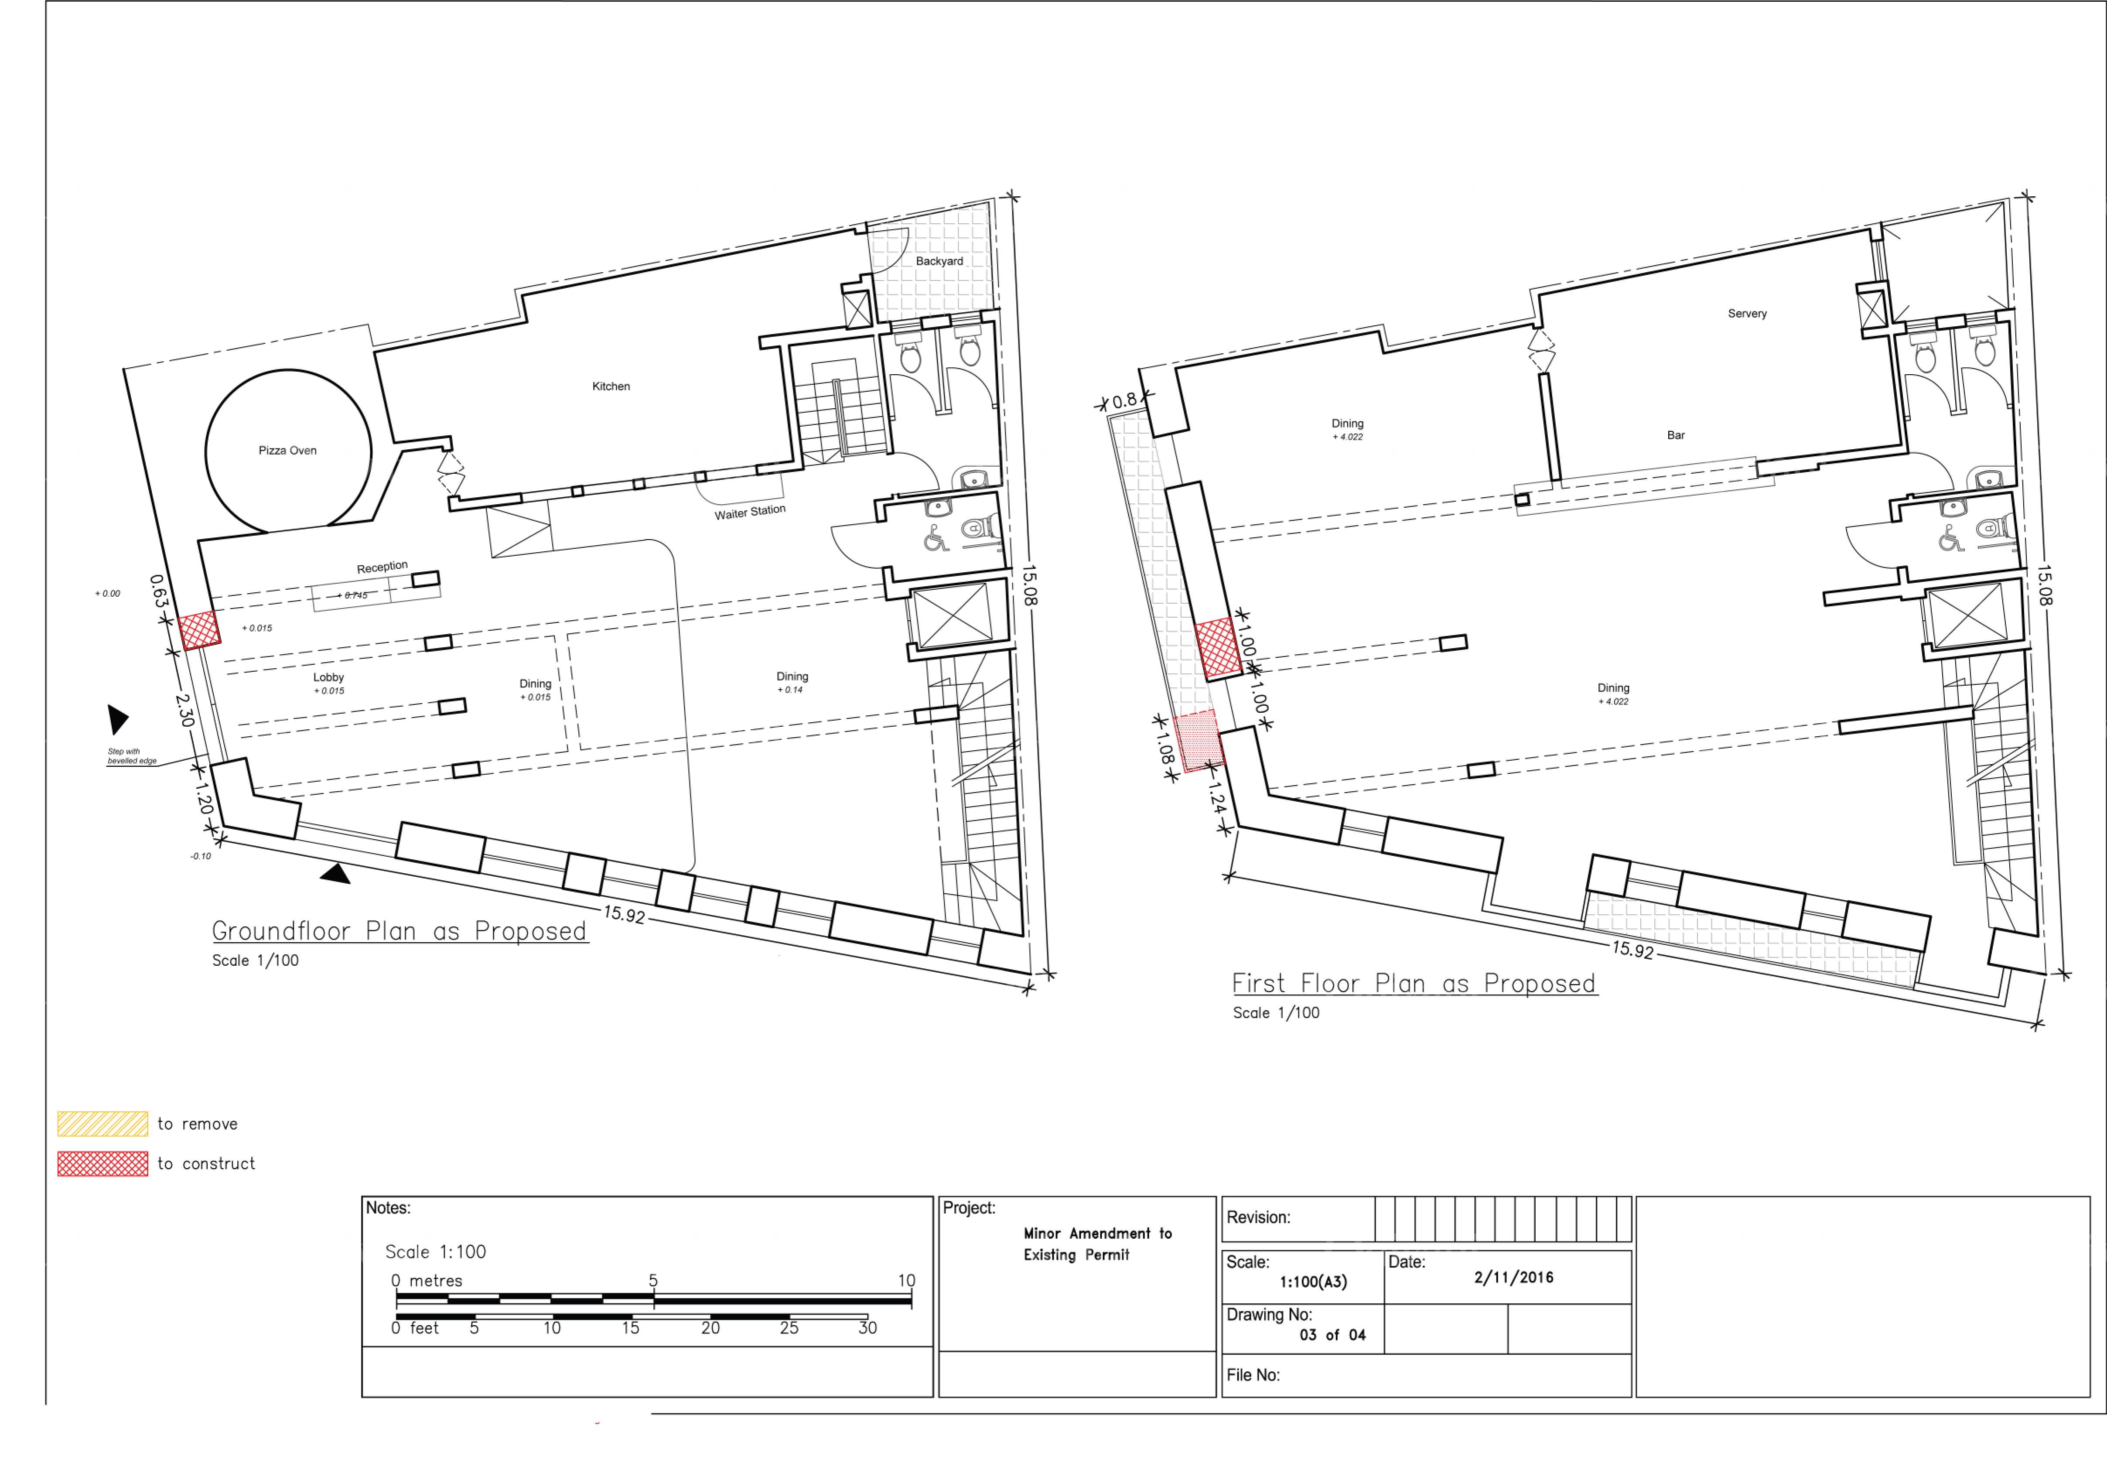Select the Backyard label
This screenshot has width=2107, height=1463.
(939, 261)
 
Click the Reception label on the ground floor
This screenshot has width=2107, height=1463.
(382, 567)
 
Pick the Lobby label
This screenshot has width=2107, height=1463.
(328, 677)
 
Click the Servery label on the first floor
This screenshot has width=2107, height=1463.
(1747, 314)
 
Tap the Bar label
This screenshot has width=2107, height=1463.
(1675, 435)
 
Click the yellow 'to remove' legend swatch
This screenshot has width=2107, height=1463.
(102, 1124)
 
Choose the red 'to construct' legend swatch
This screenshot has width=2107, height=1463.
(102, 1163)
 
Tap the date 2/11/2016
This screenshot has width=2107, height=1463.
(1513, 1277)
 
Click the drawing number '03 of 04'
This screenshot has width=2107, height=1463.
(1332, 1335)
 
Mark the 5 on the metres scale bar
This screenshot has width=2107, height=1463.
(653, 1280)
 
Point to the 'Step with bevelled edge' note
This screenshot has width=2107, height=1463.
(132, 756)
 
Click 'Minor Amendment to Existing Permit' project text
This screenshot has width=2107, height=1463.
(1097, 1244)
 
